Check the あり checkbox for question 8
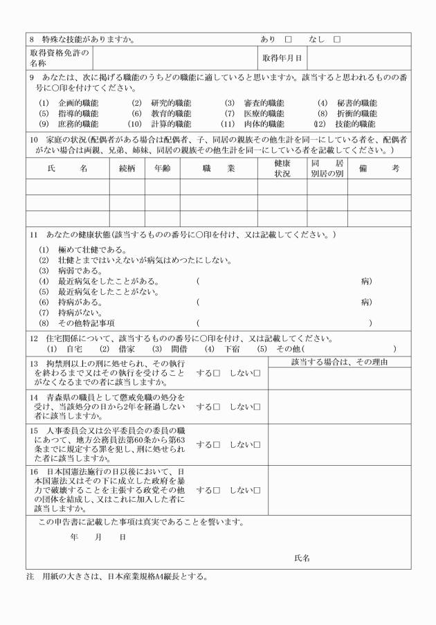point(288,39)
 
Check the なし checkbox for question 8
point(337,39)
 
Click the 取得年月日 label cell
point(282,58)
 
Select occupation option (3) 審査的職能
point(254,103)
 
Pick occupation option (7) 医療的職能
point(254,114)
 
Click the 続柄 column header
point(127,169)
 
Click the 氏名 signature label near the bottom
point(301,557)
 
